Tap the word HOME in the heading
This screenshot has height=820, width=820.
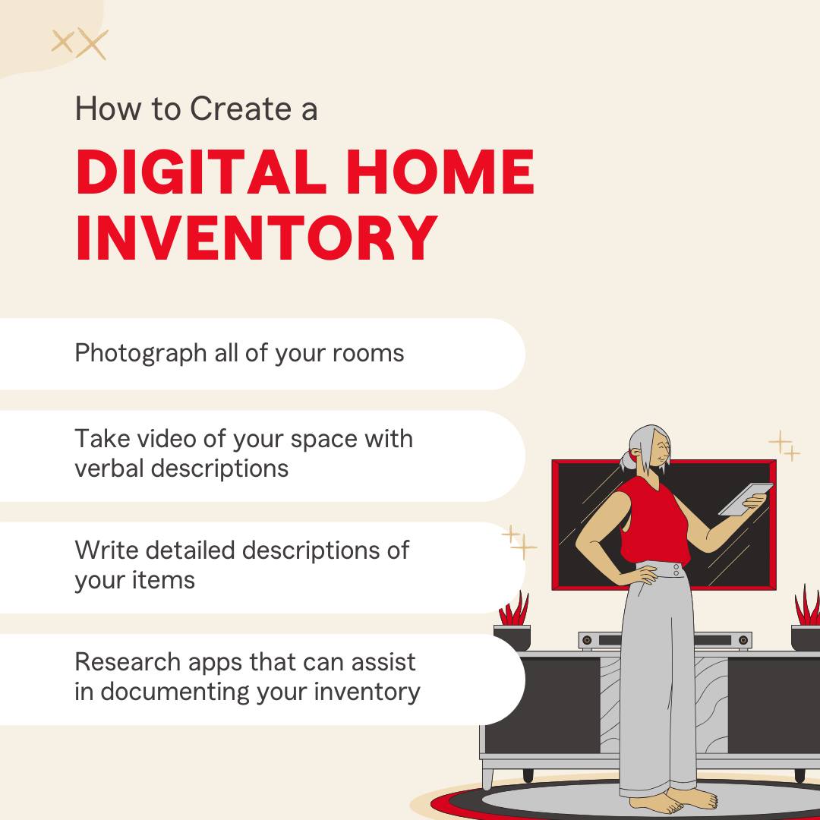click(440, 172)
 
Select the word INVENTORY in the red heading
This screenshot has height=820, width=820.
click(257, 238)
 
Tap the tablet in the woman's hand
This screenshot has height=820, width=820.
click(746, 499)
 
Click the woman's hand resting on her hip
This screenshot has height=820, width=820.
click(642, 576)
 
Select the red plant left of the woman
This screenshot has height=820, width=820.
click(513, 609)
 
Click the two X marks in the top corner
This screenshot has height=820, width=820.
click(80, 43)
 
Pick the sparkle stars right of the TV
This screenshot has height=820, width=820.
click(784, 446)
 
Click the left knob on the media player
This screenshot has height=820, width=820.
click(587, 640)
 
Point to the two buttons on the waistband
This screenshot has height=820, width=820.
click(676, 570)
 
